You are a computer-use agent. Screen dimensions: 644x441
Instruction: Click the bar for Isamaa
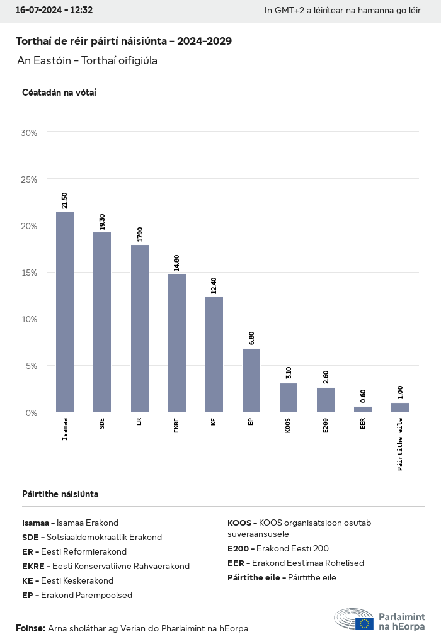65,312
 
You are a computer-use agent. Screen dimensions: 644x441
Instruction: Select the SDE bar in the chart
102,322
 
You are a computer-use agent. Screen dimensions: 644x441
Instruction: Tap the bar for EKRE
177,343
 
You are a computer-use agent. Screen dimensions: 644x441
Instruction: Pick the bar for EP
251,380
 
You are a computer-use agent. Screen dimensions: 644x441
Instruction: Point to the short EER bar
363,409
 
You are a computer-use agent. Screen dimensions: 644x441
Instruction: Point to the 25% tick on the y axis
30,179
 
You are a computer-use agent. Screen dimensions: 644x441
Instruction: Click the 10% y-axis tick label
30,319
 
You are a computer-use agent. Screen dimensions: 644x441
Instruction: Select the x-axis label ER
139,422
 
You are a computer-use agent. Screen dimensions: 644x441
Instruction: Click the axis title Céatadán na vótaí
59,93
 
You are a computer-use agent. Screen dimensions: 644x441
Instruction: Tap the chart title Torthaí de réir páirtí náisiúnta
123,42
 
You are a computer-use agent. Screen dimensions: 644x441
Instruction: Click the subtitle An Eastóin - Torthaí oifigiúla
87,61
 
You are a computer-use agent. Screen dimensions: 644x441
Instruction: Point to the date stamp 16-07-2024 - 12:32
54,10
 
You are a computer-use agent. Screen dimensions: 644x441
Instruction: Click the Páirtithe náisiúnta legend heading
60,494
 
